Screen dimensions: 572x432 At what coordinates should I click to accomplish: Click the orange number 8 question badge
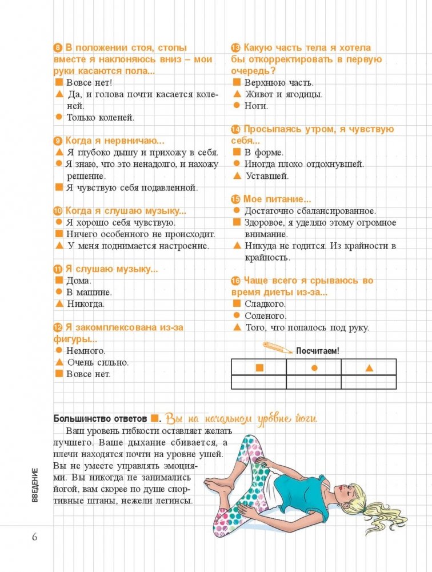[x=57, y=48]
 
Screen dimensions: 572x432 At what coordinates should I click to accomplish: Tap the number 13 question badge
[x=235, y=48]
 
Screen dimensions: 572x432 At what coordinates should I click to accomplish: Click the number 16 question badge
[x=235, y=281]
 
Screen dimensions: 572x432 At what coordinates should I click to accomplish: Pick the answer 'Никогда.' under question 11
[x=86, y=303]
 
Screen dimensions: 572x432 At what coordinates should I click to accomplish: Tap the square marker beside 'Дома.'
[x=58, y=280]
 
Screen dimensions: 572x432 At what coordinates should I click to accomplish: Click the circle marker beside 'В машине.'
[x=58, y=291]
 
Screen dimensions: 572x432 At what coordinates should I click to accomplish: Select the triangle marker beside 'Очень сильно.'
[x=58, y=362]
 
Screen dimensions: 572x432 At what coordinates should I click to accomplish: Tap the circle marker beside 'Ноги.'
[x=236, y=106]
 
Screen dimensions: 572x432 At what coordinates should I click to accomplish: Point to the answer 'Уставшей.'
[x=265, y=176]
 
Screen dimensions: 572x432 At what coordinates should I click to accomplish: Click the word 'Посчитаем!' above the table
[x=317, y=351]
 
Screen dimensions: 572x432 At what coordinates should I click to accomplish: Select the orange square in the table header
[x=259, y=367]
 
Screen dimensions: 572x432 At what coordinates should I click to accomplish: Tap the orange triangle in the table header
[x=369, y=367]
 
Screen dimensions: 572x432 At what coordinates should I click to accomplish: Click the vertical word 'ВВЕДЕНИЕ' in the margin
[x=35, y=485]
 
